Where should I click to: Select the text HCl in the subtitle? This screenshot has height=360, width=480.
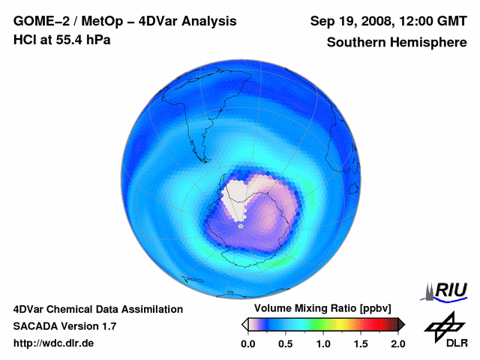coord(25,40)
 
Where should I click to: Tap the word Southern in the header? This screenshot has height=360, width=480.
coord(355,43)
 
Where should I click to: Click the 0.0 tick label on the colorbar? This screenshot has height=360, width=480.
coord(248,343)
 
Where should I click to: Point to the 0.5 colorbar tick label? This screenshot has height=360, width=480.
coord(286,343)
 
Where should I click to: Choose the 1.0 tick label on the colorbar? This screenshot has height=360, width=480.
coord(323,343)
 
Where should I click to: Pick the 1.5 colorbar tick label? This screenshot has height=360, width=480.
coord(361,343)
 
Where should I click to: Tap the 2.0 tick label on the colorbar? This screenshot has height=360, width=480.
coord(397,343)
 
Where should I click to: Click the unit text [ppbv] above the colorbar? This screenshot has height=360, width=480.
coord(373,309)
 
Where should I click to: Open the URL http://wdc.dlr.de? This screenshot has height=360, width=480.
coord(54,343)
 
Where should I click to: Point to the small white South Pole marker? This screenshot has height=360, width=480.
coord(240,224)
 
